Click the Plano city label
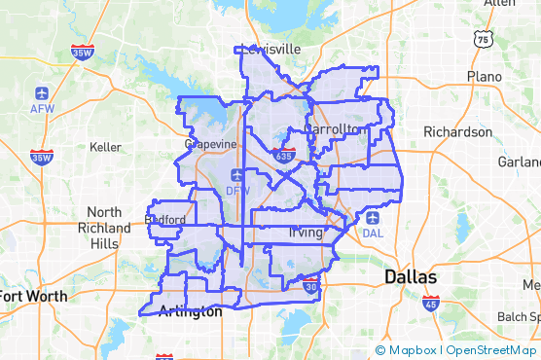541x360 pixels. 484,76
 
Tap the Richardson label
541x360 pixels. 457,131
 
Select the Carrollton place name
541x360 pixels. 332,128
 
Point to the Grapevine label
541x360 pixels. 210,144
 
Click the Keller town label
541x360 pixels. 104,147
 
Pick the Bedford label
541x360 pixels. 164,220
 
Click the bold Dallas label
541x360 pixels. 411,277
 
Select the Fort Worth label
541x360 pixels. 33,296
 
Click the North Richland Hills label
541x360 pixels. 103,228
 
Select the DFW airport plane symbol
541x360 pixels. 237,175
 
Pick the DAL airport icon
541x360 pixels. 372,218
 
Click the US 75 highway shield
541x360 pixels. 484,38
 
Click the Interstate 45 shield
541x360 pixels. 430,305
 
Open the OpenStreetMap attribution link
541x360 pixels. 493,350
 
